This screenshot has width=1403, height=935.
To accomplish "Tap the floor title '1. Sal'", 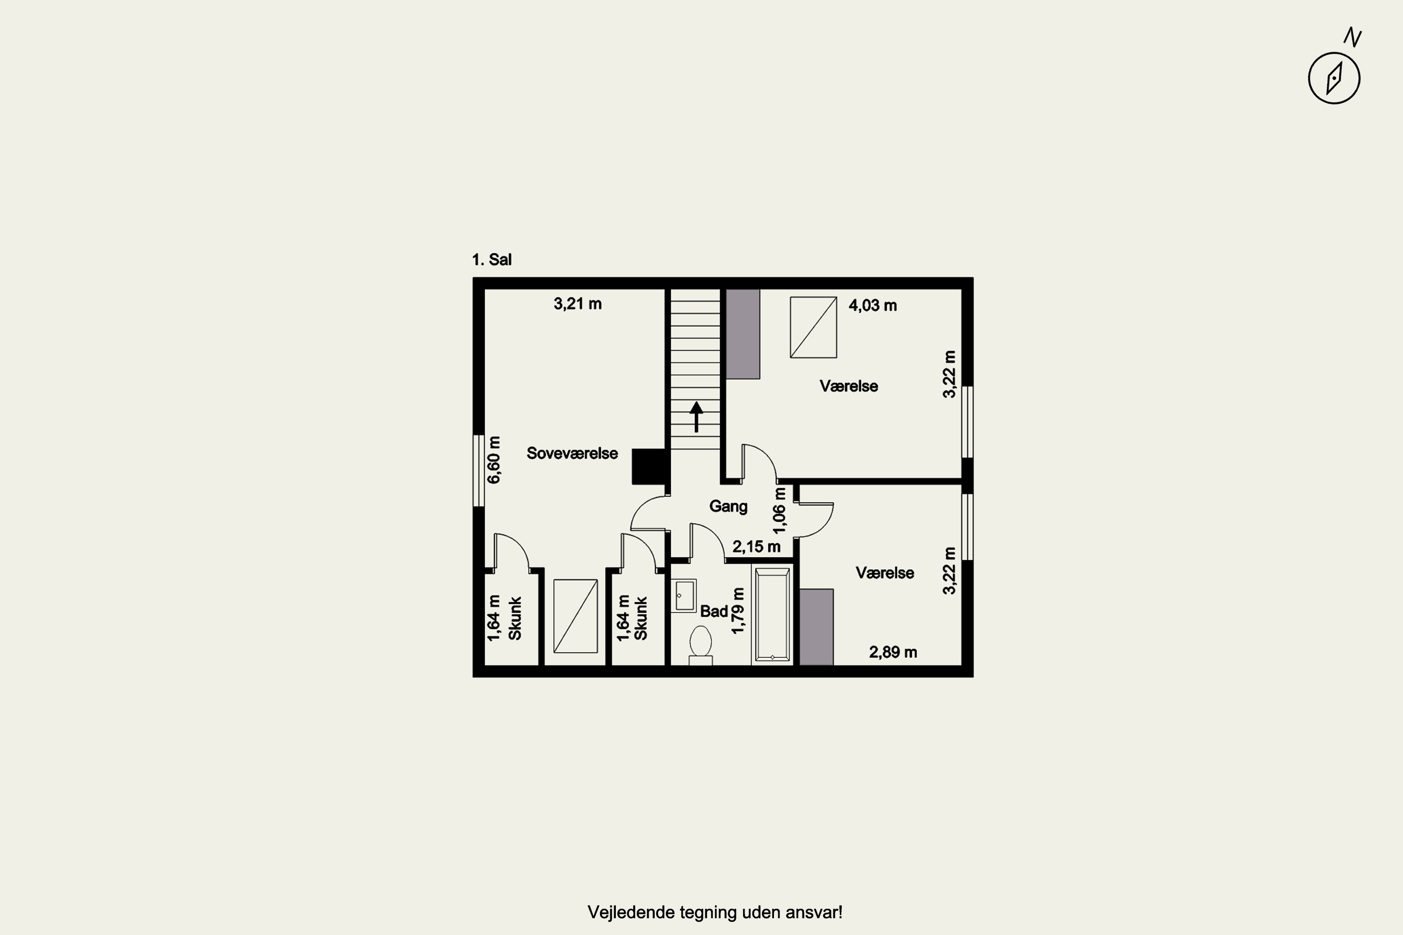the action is pyautogui.click(x=492, y=259).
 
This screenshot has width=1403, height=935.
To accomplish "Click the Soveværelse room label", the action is pyautogui.click(x=572, y=453).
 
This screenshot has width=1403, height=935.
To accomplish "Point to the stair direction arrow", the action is pyautogui.click(x=696, y=416).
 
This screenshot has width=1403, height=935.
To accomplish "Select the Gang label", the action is pyautogui.click(x=728, y=506).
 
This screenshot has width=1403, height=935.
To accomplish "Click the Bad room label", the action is pyautogui.click(x=714, y=611).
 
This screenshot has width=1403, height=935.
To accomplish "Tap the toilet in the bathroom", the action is pyautogui.click(x=700, y=645).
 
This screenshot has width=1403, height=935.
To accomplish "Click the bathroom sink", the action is pyautogui.click(x=684, y=596).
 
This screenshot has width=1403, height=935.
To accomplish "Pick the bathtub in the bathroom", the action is pyautogui.click(x=773, y=615).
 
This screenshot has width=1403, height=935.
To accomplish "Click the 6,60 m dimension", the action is pyautogui.click(x=494, y=460).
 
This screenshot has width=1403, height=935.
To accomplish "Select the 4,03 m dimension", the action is pyautogui.click(x=873, y=305).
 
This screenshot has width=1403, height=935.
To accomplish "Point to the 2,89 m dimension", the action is pyautogui.click(x=893, y=652).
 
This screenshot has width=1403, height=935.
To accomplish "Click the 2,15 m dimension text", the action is pyautogui.click(x=756, y=546).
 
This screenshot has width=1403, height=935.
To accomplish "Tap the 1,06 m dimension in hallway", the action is pyautogui.click(x=780, y=511).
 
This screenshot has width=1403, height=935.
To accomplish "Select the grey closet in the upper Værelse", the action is pyautogui.click(x=743, y=334).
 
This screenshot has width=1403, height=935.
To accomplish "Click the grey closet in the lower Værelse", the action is pyautogui.click(x=816, y=627).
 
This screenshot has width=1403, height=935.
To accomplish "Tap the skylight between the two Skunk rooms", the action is pyautogui.click(x=576, y=616).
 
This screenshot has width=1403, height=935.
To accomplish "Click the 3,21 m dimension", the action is pyautogui.click(x=578, y=303).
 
